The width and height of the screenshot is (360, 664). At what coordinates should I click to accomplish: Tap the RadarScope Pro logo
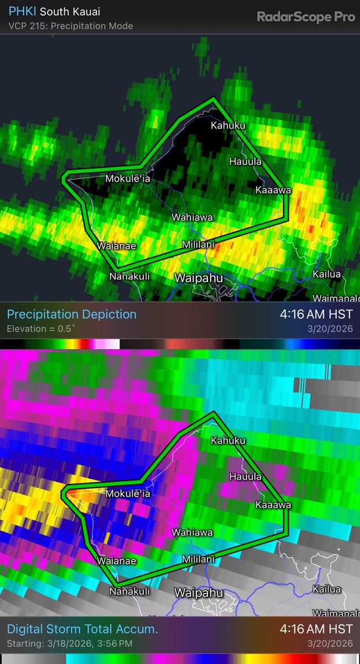tap(306, 17)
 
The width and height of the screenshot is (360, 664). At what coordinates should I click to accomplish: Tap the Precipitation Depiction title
tap(71, 314)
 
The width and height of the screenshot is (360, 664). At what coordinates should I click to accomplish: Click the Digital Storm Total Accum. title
tap(82, 629)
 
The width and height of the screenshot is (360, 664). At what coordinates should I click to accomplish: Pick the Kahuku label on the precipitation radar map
tap(228, 126)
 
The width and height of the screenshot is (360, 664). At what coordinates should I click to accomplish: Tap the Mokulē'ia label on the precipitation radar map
tap(128, 179)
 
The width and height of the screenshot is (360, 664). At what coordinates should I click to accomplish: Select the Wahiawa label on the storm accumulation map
tap(192, 533)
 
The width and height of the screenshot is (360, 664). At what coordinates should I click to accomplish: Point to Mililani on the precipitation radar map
tap(199, 244)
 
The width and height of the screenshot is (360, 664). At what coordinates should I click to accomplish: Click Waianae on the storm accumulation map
tap(117, 561)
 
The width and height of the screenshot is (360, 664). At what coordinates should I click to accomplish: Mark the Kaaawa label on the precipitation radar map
tap(273, 190)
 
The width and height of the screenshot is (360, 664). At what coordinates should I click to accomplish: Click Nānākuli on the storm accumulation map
tap(129, 592)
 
